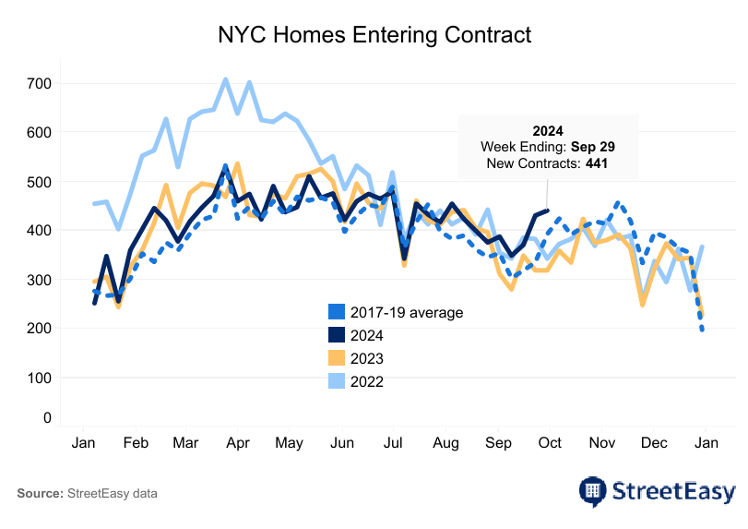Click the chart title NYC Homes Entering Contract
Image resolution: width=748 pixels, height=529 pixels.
coord(374,35)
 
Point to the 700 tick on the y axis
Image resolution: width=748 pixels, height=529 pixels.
coord(40,84)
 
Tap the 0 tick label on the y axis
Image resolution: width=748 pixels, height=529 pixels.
coord(46,418)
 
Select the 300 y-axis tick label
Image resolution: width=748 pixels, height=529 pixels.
coord(40,280)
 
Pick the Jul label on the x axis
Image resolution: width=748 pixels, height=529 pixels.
coord(394,443)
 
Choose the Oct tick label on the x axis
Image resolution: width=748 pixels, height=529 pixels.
coord(550,443)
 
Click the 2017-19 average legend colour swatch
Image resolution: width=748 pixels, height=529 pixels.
coord(338,312)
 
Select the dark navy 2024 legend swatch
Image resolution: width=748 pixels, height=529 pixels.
coord(338,335)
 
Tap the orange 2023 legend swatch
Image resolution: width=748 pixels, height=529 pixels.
coord(338,358)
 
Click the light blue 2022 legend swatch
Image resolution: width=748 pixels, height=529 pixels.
coord(338,380)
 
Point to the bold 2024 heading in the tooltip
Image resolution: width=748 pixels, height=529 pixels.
coord(548,130)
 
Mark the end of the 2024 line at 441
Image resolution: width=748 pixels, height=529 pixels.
coord(548,210)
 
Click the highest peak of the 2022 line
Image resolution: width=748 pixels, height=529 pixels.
coord(225,79)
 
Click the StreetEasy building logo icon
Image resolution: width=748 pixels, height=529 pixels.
coord(592,490)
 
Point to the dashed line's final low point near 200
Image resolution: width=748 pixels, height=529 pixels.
coord(703,329)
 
